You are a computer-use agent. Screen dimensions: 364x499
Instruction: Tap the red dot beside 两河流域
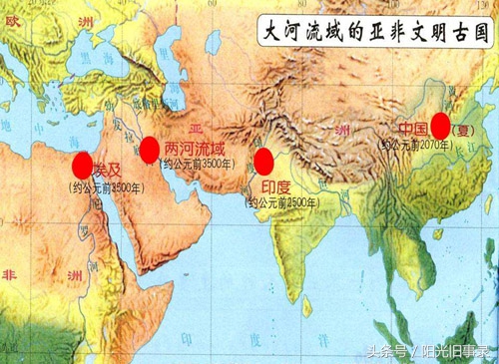click(150, 151)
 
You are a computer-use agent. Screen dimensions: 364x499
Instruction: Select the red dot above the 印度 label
click(264, 162)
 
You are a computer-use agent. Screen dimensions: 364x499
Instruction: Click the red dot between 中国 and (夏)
click(440, 127)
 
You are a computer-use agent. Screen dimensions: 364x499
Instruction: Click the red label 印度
click(275, 186)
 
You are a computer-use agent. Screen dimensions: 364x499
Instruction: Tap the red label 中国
click(412, 129)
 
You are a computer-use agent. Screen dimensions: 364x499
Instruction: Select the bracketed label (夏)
click(462, 130)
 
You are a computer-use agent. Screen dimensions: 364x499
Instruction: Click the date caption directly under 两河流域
click(180, 164)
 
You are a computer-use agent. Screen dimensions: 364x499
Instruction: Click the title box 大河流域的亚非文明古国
click(368, 29)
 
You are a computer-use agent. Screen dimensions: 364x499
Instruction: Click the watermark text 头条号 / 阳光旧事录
click(429, 350)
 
